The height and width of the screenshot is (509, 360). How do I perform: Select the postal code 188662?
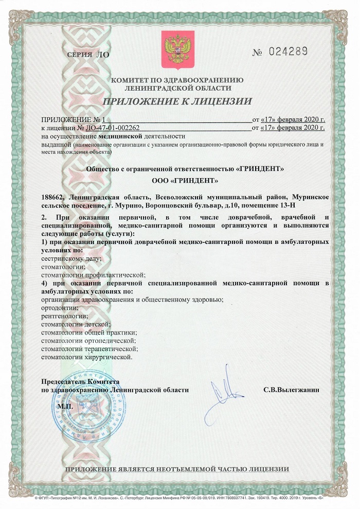click(52, 197)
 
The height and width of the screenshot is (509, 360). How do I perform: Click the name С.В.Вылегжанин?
click(291, 390)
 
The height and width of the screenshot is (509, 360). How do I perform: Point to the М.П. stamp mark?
click(66, 406)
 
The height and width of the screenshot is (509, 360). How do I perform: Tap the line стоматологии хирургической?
click(86, 357)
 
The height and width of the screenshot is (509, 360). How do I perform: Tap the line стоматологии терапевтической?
click(89, 348)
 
